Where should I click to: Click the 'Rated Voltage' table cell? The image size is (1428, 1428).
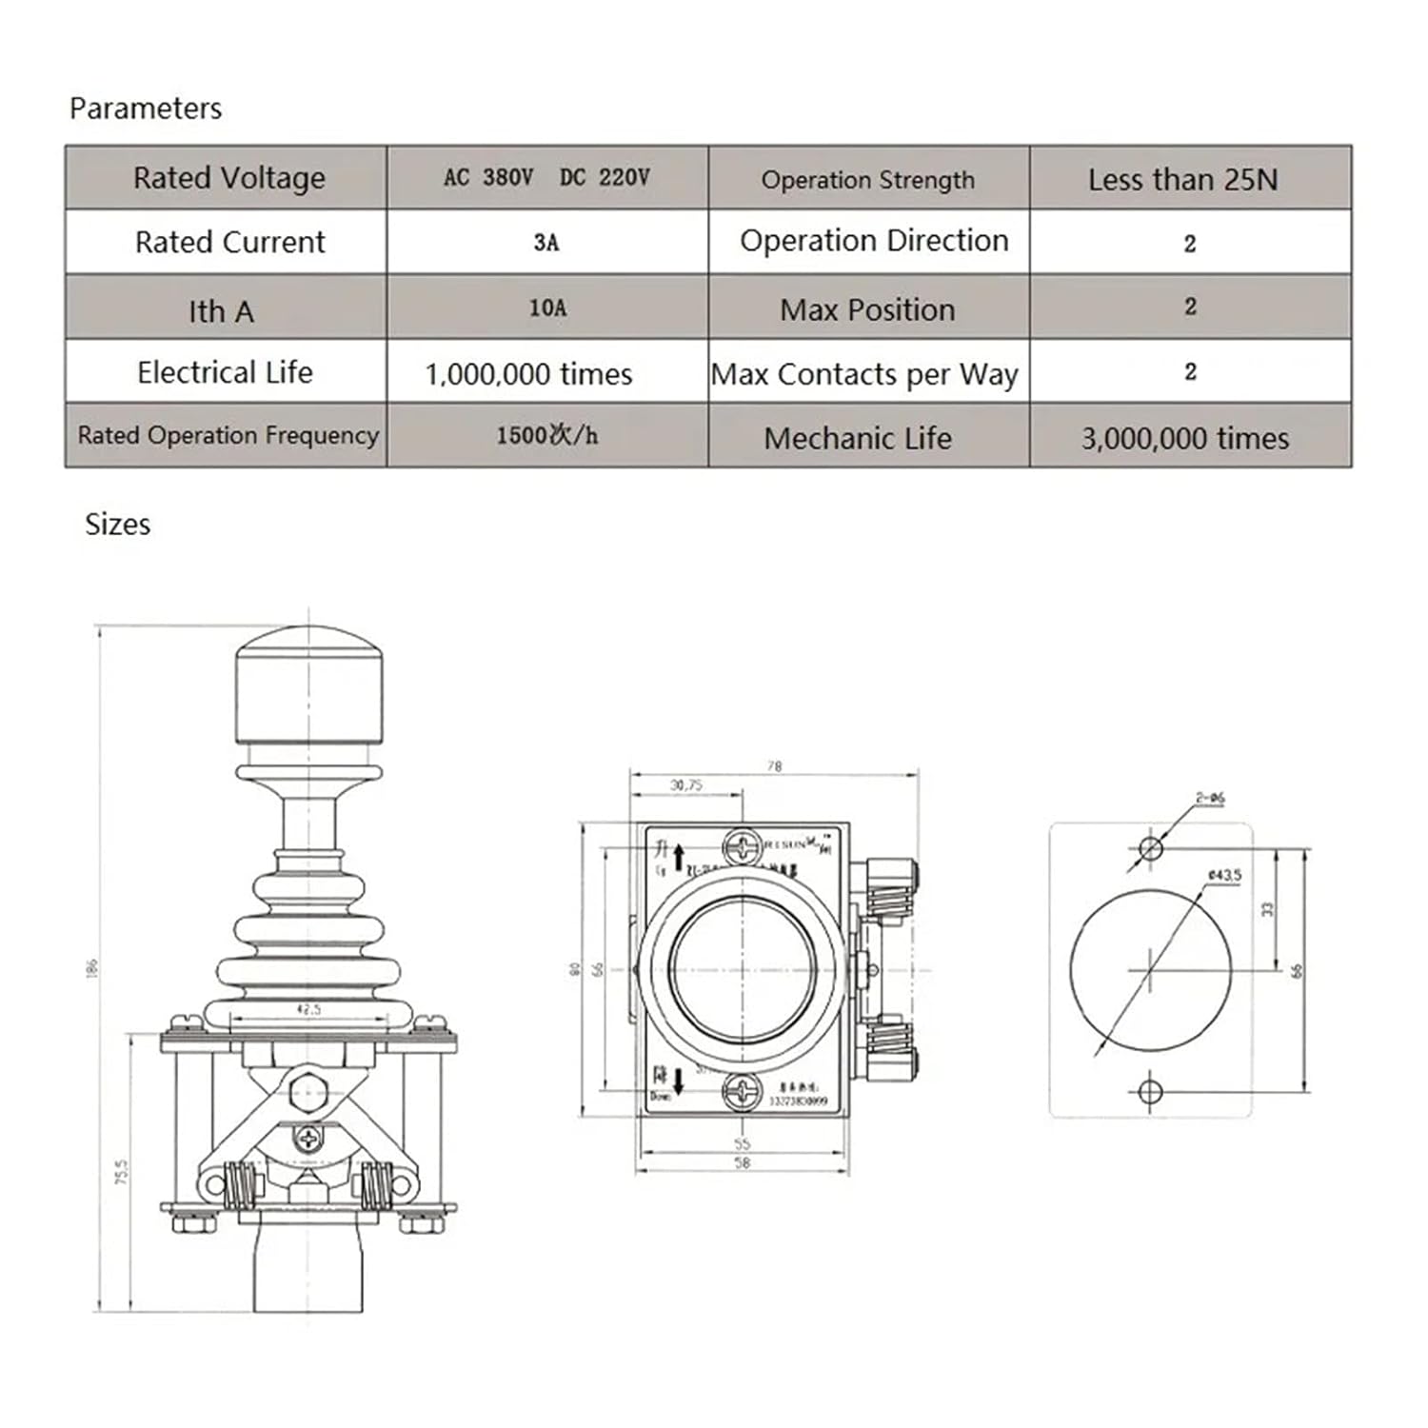point(228,178)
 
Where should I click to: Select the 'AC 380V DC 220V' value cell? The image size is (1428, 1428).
point(546,178)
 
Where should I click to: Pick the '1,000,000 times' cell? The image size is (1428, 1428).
point(528,374)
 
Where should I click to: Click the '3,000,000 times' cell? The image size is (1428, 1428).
point(1184,438)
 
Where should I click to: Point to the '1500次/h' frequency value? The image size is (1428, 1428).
point(546,436)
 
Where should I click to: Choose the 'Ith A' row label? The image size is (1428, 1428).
point(221,311)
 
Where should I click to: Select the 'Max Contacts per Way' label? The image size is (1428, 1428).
point(864,374)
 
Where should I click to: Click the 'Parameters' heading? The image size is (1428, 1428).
point(146,109)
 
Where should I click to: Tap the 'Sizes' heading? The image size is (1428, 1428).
point(117,525)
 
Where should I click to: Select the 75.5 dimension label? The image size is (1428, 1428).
point(122,1172)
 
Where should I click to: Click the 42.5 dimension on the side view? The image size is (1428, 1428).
point(308,1009)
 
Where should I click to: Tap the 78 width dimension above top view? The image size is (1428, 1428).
point(774,766)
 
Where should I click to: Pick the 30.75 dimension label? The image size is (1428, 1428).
point(685,785)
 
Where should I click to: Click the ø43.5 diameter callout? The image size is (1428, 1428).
point(1224,875)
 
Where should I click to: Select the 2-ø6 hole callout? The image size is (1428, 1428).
point(1210,799)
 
